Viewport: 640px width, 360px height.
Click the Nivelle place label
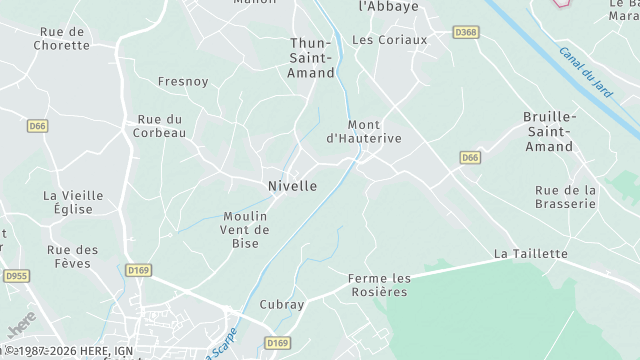[292, 186]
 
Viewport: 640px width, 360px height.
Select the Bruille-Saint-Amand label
[548, 132]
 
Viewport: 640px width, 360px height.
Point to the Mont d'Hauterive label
[364, 132]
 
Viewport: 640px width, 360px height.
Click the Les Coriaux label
[390, 40]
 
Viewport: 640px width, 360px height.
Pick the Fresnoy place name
[182, 82]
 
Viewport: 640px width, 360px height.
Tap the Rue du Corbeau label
[161, 126]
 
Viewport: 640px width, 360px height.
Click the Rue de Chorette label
[61, 38]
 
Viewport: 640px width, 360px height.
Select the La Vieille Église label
[68, 202]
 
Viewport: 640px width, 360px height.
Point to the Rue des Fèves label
[72, 257]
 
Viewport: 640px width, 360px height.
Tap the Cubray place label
[281, 304]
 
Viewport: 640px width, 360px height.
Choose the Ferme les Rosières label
[379, 285]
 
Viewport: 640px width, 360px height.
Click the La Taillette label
[530, 254]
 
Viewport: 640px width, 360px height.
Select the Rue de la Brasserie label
[565, 196]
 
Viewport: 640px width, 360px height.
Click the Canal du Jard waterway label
[585, 71]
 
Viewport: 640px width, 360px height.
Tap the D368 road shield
[465, 33]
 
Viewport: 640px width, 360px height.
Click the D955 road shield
[15, 276]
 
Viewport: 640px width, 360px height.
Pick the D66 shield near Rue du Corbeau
[38, 126]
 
